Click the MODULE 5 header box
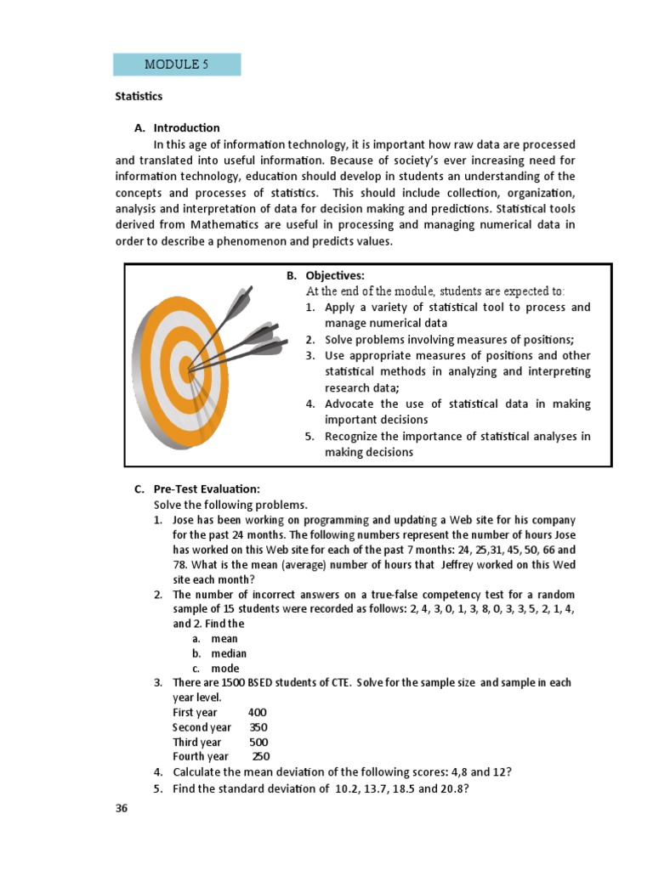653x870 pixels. [177, 65]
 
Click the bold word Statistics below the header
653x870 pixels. [139, 97]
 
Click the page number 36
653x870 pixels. [122, 808]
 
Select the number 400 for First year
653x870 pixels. [257, 712]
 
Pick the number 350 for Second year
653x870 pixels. [258, 727]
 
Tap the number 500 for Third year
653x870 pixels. [258, 742]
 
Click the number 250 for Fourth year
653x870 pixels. [261, 756]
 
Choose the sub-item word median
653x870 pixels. [229, 653]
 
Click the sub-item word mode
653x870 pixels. [225, 669]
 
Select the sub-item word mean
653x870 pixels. [224, 639]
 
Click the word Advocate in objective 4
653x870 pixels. [349, 404]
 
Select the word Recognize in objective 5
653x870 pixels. [351, 436]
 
